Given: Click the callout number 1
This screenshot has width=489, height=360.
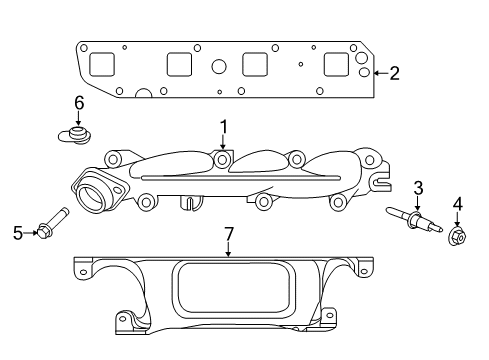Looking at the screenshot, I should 224,127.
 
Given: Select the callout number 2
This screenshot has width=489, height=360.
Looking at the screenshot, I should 394,72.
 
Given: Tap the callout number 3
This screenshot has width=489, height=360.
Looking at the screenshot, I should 418,187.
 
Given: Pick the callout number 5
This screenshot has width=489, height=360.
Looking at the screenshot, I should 17,233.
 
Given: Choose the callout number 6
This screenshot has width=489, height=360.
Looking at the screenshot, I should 78,102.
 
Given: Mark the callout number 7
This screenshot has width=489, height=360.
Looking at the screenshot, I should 228,234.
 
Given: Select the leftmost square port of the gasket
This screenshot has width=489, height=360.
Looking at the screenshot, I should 103,65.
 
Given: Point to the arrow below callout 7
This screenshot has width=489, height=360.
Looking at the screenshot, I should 228,250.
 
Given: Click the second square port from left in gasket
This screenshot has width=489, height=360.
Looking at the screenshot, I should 179,65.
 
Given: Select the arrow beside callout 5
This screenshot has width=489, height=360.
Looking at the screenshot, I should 30,233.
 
